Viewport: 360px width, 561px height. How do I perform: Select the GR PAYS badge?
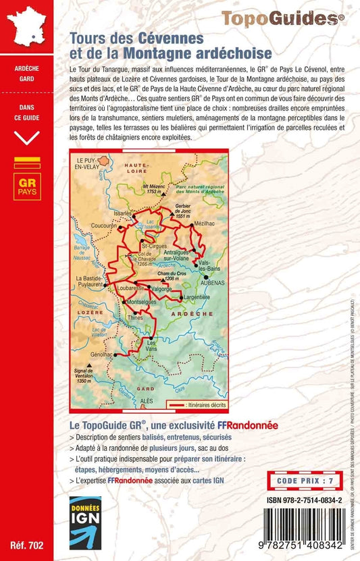pyautogui.click(x=27, y=186)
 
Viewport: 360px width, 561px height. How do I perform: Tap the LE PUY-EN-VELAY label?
pyautogui.click(x=86, y=163)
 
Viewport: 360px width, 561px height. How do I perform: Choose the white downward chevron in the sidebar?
pyautogui.click(x=27, y=137)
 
